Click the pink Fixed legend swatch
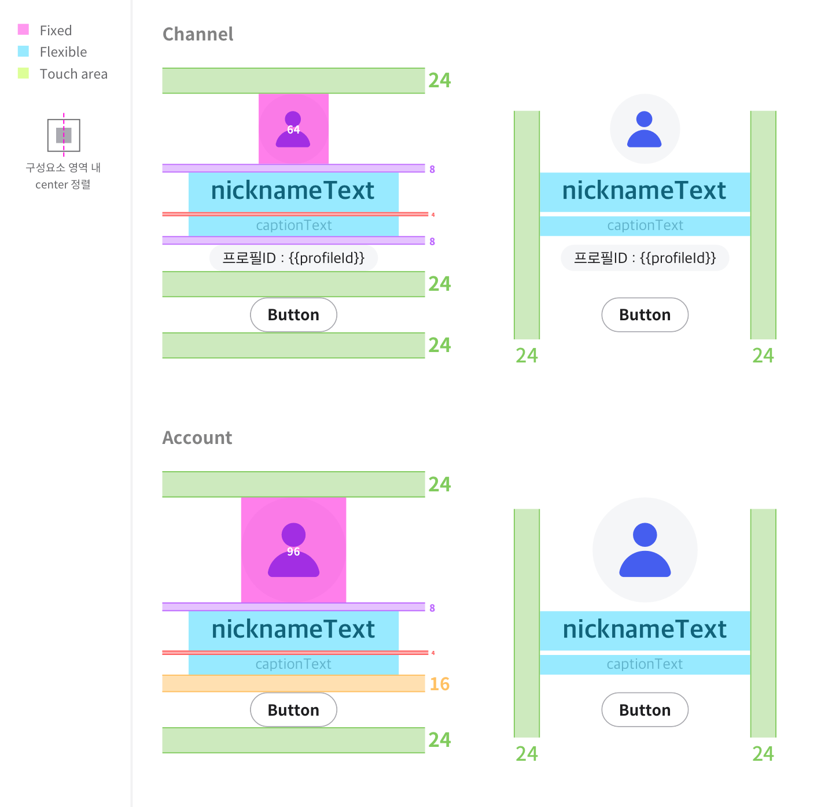click(23, 29)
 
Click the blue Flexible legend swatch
click(23, 51)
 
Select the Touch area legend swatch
click(23, 73)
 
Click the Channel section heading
click(197, 34)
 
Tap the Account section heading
click(197, 438)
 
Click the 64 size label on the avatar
click(293, 129)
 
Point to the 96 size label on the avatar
click(293, 551)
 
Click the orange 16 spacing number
click(440, 684)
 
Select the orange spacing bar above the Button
click(293, 683)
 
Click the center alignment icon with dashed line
click(64, 135)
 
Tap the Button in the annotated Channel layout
click(293, 315)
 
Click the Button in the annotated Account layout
click(293, 710)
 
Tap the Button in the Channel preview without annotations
click(645, 315)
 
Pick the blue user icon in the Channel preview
click(645, 129)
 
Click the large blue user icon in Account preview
click(645, 550)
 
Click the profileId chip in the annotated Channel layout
click(293, 258)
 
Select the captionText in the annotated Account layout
click(293, 664)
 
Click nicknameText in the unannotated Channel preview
click(645, 191)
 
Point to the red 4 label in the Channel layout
click(433, 215)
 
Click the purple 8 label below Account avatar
click(432, 608)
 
